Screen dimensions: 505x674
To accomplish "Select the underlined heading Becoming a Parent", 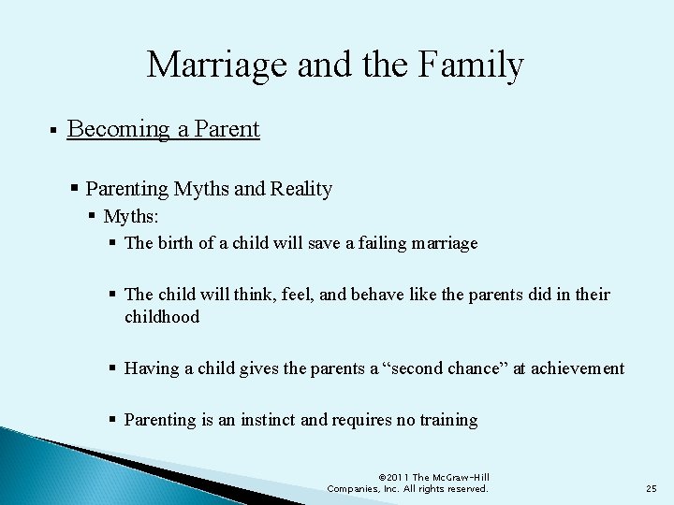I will coord(164,129).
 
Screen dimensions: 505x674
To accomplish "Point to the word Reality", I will coord(300,189).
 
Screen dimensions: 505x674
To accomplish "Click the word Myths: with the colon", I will coord(131,217).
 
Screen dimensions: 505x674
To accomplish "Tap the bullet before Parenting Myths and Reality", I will coord(75,189).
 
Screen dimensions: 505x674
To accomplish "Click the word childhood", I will coord(162,317).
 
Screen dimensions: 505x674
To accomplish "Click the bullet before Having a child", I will coord(112,368).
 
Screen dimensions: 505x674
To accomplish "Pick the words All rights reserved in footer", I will coord(445,489).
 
